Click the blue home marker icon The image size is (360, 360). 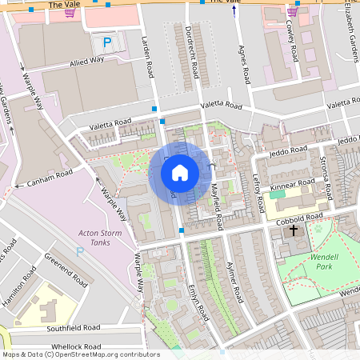click(180, 172)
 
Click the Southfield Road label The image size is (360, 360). click(73, 328)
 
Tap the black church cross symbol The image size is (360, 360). click(293, 230)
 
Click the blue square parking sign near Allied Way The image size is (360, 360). click(106, 42)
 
